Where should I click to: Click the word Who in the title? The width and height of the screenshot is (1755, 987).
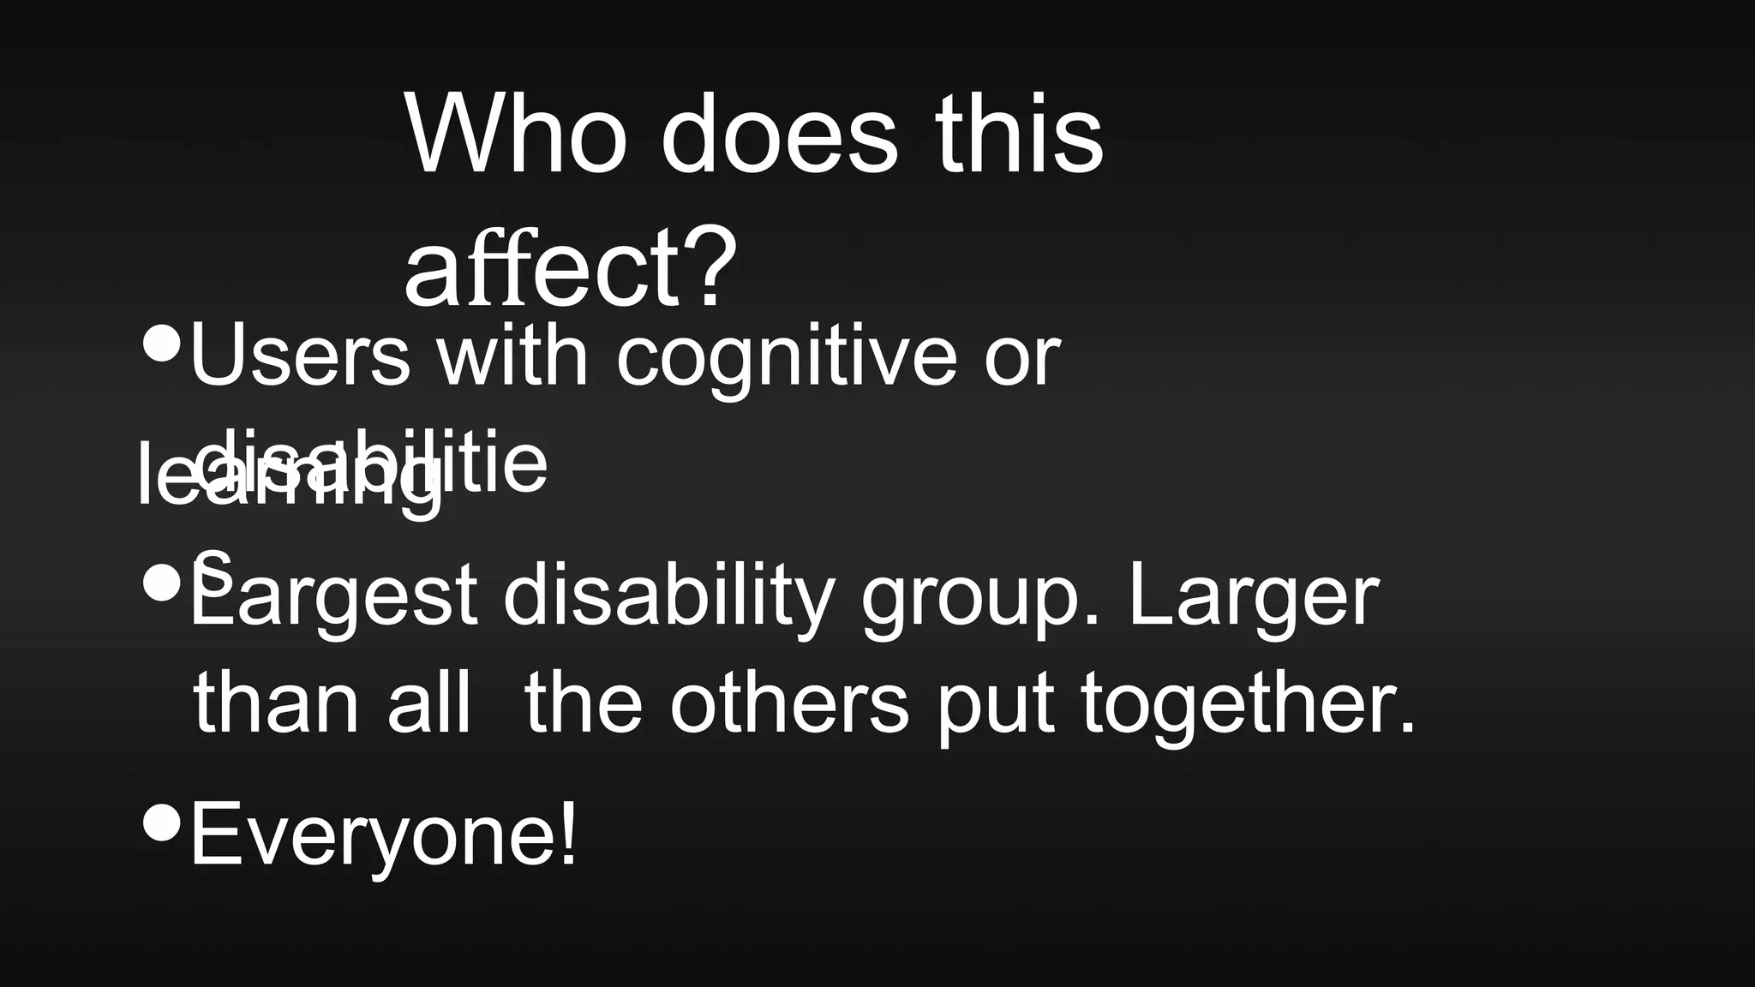514,135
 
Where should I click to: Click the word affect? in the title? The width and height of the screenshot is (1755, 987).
570,267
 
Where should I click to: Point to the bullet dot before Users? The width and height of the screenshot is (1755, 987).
162,342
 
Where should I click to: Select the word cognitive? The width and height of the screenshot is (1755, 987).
786,358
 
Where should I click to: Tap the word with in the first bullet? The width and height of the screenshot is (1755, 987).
512,356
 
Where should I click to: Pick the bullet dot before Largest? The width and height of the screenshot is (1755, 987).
162,583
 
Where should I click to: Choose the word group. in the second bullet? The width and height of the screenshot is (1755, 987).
980,600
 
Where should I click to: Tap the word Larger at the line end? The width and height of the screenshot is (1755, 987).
1253,596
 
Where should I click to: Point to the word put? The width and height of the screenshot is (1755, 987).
994,706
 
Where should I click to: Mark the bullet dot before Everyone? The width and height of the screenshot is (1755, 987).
162,822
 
